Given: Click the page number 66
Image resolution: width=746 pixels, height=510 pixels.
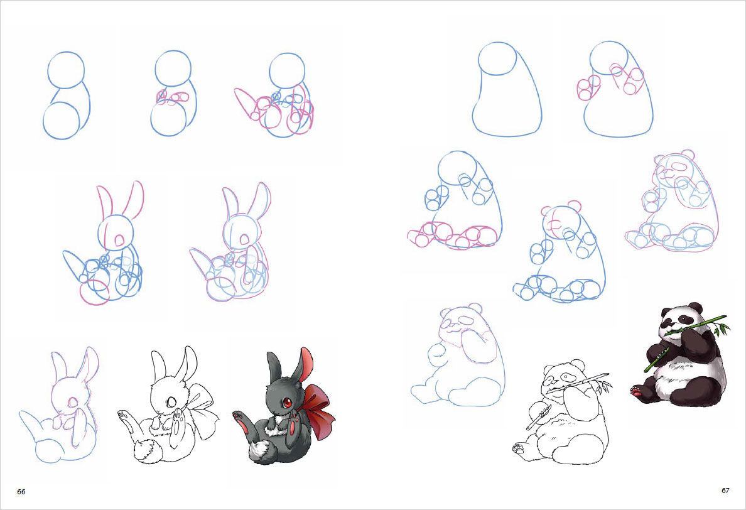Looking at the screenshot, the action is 21,491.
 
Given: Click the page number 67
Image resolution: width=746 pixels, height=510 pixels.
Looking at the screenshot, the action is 725,491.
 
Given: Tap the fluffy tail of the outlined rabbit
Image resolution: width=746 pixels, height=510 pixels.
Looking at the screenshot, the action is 146,451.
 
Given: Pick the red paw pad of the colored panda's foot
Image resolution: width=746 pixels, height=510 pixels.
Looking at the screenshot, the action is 635,391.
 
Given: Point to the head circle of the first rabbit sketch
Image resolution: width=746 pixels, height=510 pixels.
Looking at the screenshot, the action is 66,70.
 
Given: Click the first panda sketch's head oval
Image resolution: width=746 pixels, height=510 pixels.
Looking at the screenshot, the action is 497,58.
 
